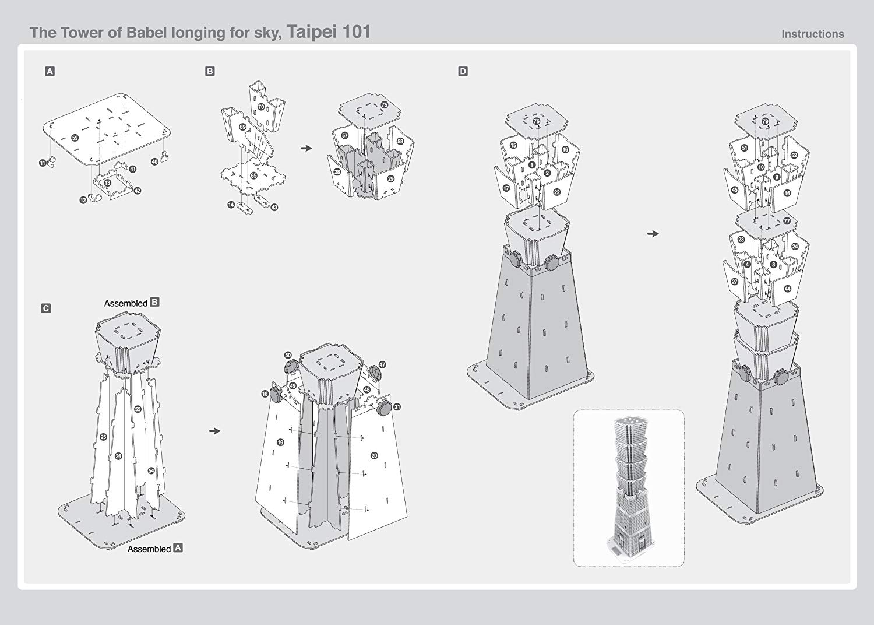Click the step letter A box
click(x=50, y=72)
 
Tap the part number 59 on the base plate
click(x=75, y=138)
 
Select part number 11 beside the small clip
click(x=43, y=164)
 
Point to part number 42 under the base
click(x=137, y=191)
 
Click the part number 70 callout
click(x=262, y=106)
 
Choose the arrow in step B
click(x=306, y=148)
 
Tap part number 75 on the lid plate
click(x=384, y=104)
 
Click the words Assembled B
click(x=131, y=303)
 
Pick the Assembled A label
click(x=154, y=549)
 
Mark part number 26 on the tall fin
click(x=118, y=456)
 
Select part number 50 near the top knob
click(x=288, y=355)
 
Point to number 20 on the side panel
click(x=374, y=455)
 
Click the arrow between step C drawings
click(x=215, y=431)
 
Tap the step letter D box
click(x=463, y=72)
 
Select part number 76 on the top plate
click(x=536, y=121)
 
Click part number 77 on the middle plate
click(x=787, y=222)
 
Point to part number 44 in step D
click(x=787, y=289)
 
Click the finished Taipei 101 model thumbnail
click(x=629, y=488)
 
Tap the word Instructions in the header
click(x=812, y=34)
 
